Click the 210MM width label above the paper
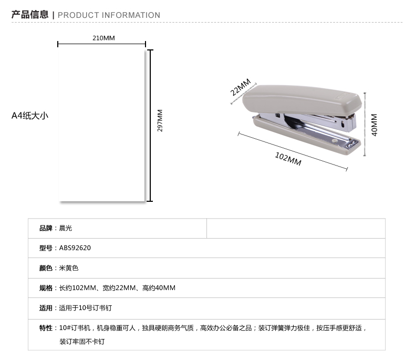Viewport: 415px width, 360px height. tap(103, 38)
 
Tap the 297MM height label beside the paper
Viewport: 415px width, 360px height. tap(160, 120)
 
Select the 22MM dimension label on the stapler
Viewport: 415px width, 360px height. tap(240, 87)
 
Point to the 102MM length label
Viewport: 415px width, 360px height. tap(288, 159)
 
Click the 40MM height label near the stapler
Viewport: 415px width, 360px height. tap(374, 125)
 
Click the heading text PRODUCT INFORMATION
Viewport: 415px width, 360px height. tap(109, 15)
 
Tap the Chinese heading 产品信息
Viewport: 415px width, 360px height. tap(30, 15)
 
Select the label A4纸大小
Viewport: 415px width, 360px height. tap(30, 116)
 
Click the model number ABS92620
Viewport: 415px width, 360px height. tap(75, 248)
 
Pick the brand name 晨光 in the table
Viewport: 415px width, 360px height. tap(66, 228)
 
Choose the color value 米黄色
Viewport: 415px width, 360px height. tap(69, 268)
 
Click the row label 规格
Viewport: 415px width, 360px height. tap(46, 287)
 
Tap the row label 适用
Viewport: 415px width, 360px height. tap(46, 308)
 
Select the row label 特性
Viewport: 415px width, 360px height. tap(46, 328)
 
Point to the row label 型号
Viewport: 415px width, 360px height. tap(46, 248)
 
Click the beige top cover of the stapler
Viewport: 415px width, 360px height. tap(302, 100)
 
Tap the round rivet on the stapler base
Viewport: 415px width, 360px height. tap(335, 141)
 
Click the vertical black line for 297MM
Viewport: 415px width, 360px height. tap(150, 126)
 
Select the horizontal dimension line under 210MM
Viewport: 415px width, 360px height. tap(101, 44)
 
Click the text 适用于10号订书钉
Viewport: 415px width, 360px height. tap(86, 308)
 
